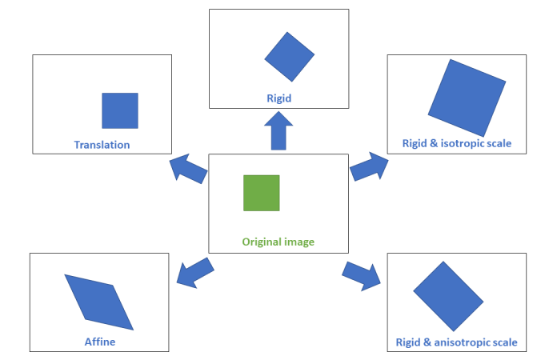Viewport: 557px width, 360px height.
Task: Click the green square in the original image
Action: click(262, 193)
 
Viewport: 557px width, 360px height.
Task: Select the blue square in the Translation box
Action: click(120, 110)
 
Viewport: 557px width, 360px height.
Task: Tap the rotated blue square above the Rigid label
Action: click(290, 56)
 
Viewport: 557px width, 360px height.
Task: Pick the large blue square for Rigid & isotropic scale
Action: click(467, 98)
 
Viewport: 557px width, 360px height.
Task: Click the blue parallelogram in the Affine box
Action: click(99, 302)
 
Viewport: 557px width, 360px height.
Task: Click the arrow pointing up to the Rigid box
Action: click(278, 131)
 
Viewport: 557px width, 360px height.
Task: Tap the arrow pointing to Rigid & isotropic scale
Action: click(369, 166)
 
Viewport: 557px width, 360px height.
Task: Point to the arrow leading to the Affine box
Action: click(193, 273)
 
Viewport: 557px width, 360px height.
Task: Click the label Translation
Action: click(102, 145)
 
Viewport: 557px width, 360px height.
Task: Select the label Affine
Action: click(100, 342)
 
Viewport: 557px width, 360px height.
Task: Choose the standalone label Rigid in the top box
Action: click(278, 99)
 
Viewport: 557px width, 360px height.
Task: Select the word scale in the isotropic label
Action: click(499, 145)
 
